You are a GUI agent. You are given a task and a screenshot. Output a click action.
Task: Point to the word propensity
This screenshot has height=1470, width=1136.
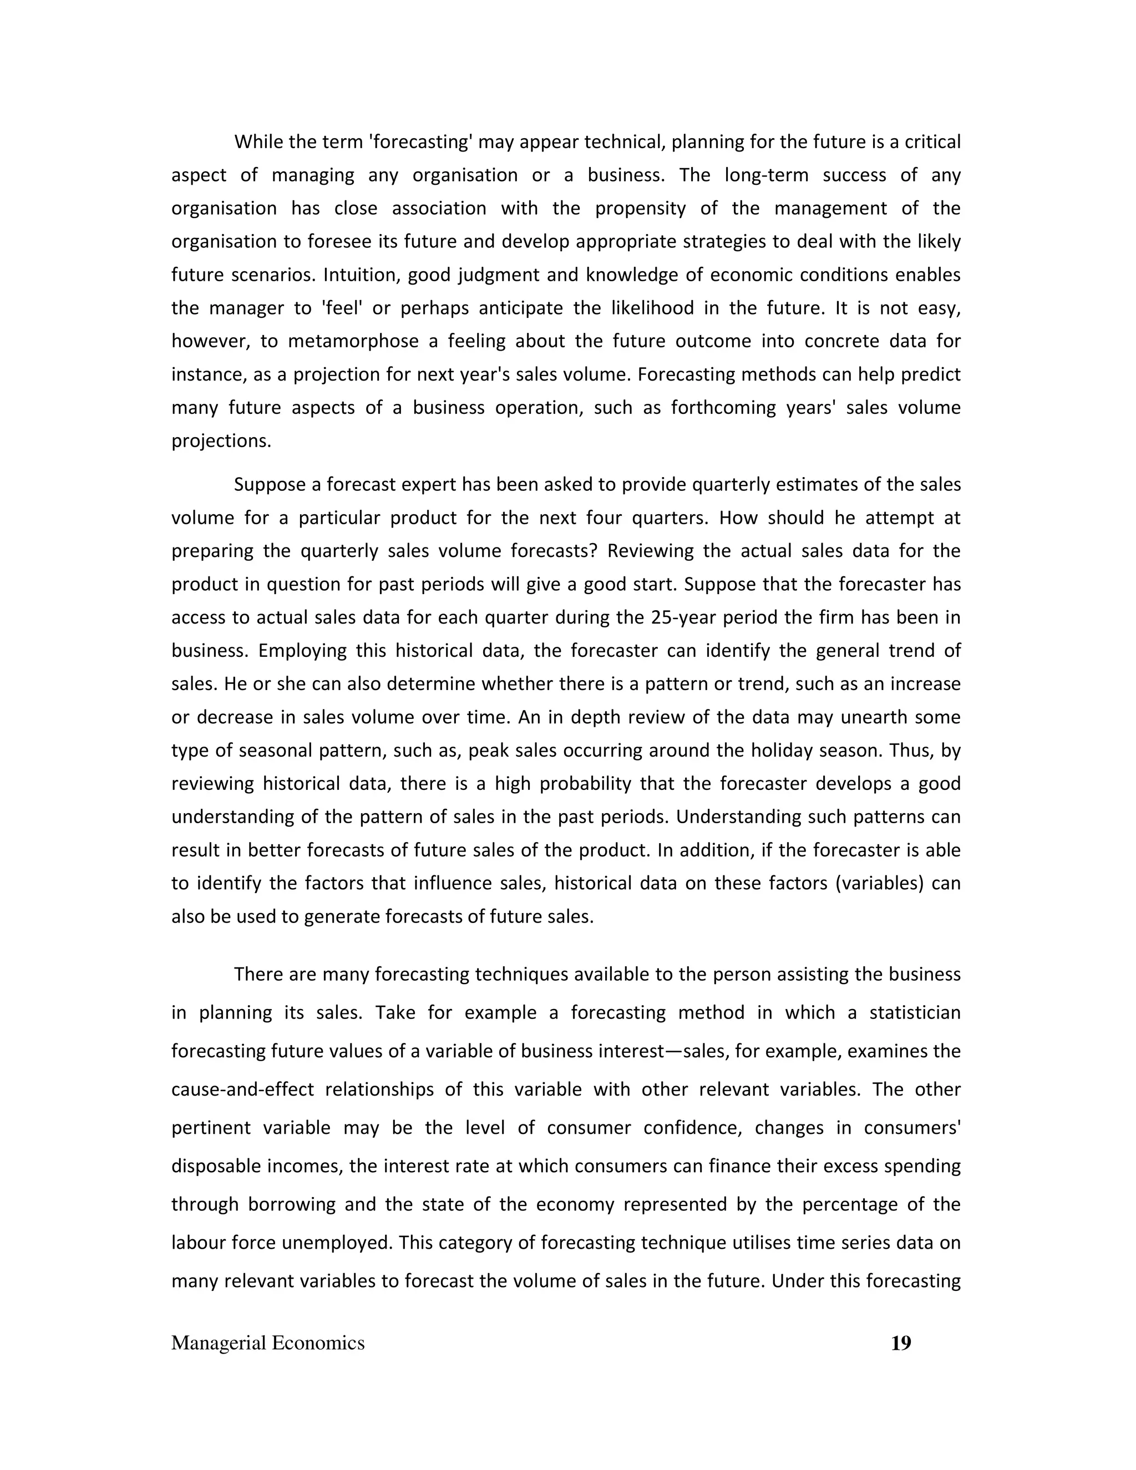(640, 209)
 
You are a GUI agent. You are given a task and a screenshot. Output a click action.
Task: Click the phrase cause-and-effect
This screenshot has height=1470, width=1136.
(242, 1089)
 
